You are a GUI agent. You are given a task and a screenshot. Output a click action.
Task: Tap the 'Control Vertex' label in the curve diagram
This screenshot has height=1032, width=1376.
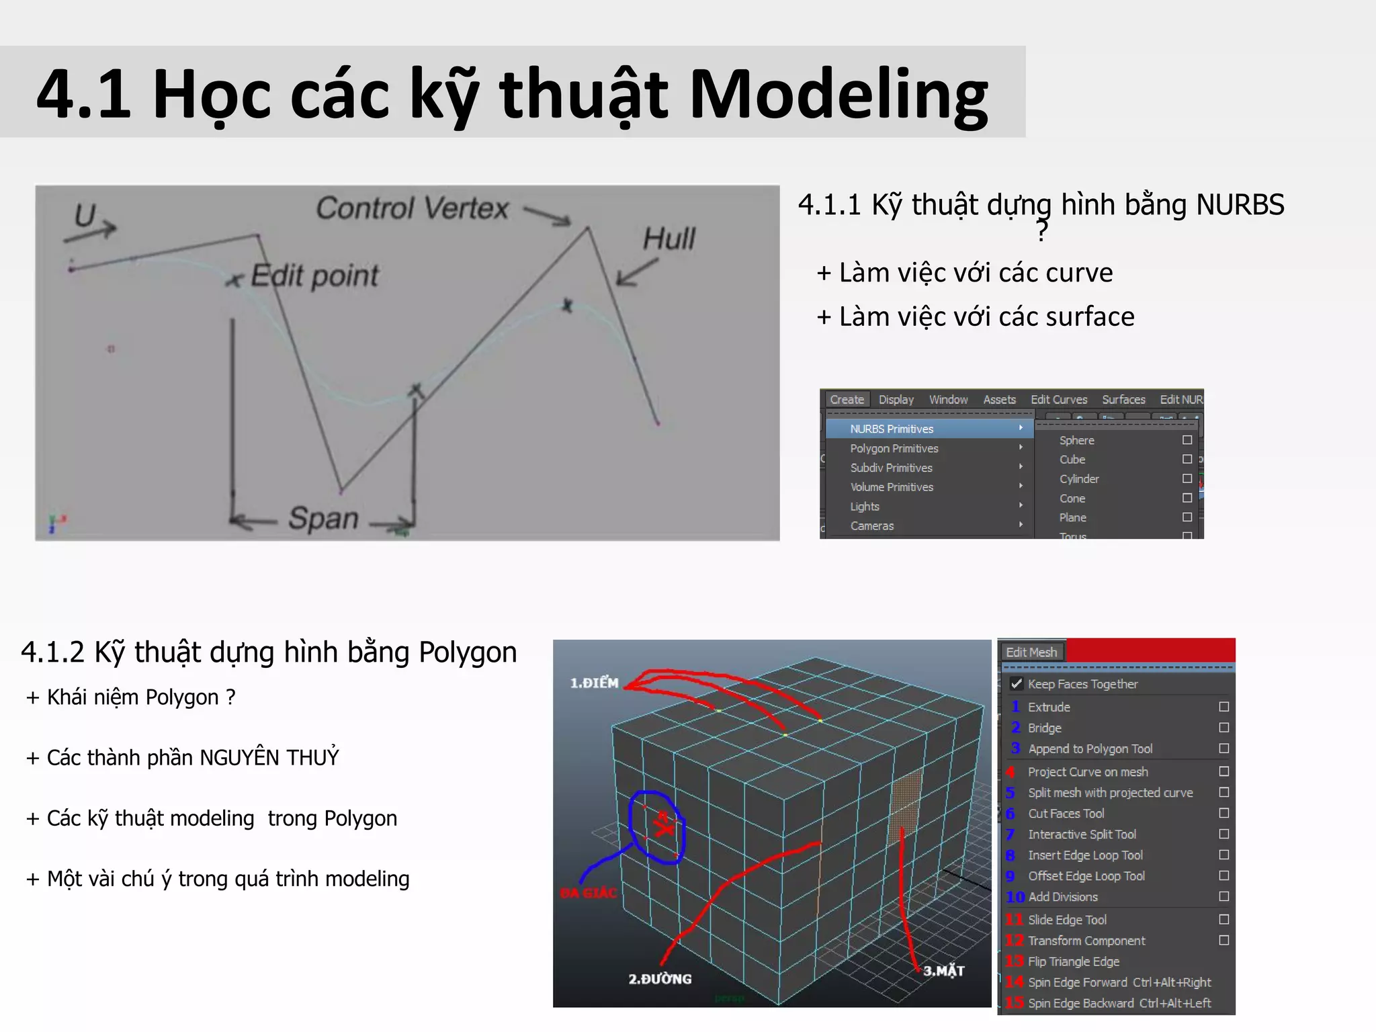coord(412,208)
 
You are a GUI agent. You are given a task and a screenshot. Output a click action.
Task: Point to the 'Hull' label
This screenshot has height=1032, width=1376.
coord(669,239)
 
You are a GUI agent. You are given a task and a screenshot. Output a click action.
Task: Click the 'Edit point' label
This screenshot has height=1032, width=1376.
coord(314,275)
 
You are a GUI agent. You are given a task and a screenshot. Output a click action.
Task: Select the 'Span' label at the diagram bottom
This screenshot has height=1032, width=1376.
coord(323,518)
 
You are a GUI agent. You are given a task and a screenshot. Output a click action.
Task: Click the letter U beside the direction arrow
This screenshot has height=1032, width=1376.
coord(85,216)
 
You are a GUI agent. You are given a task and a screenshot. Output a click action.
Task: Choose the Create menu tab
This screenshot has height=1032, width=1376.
coord(847,400)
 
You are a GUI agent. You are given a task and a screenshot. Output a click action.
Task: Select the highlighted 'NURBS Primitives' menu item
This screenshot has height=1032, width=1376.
coord(892,429)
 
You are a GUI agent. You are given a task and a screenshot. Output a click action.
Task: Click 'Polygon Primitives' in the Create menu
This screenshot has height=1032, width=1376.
coord(894,448)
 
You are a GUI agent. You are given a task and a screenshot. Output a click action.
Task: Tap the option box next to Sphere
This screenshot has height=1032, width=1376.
coord(1187,440)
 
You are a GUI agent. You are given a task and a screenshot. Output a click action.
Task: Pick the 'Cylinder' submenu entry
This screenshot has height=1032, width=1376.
coord(1079,479)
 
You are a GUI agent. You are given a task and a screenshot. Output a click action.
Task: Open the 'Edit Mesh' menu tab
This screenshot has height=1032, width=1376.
coord(1031,652)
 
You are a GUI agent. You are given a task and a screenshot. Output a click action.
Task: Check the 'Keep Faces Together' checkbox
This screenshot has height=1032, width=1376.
coord(1017,684)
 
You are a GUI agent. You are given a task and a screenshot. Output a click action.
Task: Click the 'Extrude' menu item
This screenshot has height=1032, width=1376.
coord(1049,707)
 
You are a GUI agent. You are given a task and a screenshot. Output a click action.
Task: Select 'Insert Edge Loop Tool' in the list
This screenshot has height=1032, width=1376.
coord(1085,855)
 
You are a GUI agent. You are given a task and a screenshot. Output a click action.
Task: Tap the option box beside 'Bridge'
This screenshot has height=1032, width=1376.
coord(1224,728)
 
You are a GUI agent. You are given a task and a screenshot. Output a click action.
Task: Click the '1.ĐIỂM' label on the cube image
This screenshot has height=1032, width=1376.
coord(594,683)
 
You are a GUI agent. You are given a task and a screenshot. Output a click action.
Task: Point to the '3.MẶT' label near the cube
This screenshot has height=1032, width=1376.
coord(944,971)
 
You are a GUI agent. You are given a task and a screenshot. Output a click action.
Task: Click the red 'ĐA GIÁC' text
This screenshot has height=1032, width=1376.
coord(589,893)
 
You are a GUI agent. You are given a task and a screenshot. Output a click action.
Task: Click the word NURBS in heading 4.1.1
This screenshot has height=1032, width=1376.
coord(1240,204)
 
